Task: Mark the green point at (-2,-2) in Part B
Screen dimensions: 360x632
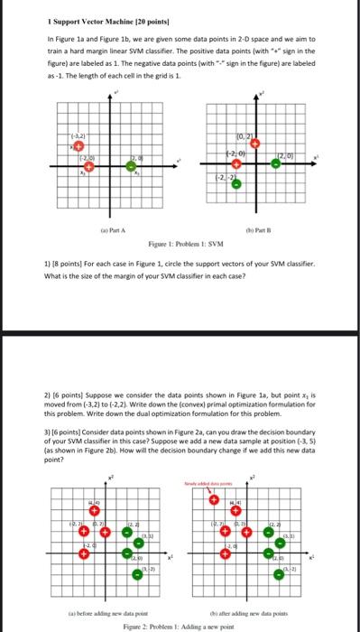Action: [x=235, y=185]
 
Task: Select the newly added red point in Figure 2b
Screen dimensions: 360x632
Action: [x=214, y=499]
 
